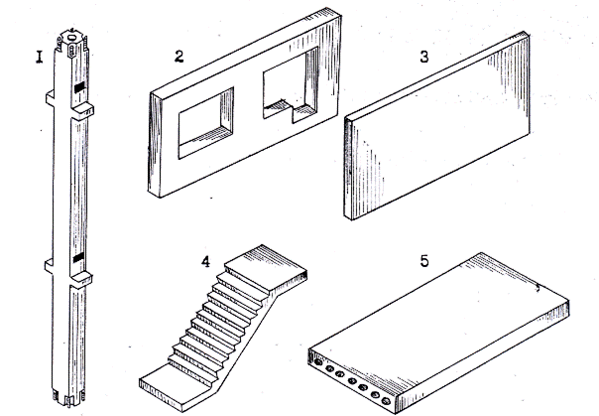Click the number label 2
(x=179, y=57)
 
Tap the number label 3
(x=424, y=57)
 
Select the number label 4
(x=205, y=261)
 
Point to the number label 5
(x=424, y=261)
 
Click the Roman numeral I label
(x=40, y=57)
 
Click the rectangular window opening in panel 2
(x=206, y=123)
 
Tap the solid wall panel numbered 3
(x=436, y=126)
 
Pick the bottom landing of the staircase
(x=174, y=386)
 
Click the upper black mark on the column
(x=79, y=87)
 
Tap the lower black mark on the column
(x=78, y=258)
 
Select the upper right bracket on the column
(x=82, y=110)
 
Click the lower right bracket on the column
(x=81, y=280)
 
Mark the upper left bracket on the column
(x=50, y=98)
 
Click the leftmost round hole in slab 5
(x=317, y=361)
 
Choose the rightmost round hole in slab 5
(x=386, y=401)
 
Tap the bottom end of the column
(x=68, y=398)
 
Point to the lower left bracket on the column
(x=49, y=266)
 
